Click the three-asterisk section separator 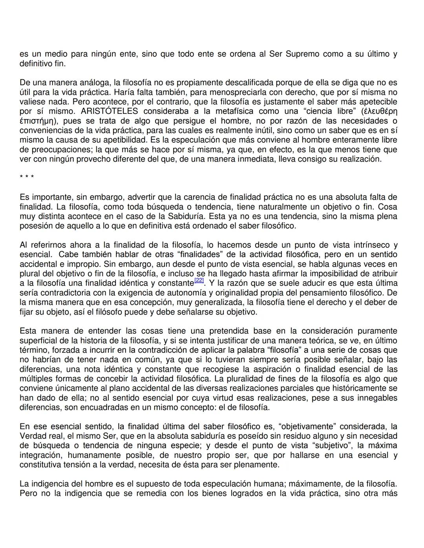tap(27, 178)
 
